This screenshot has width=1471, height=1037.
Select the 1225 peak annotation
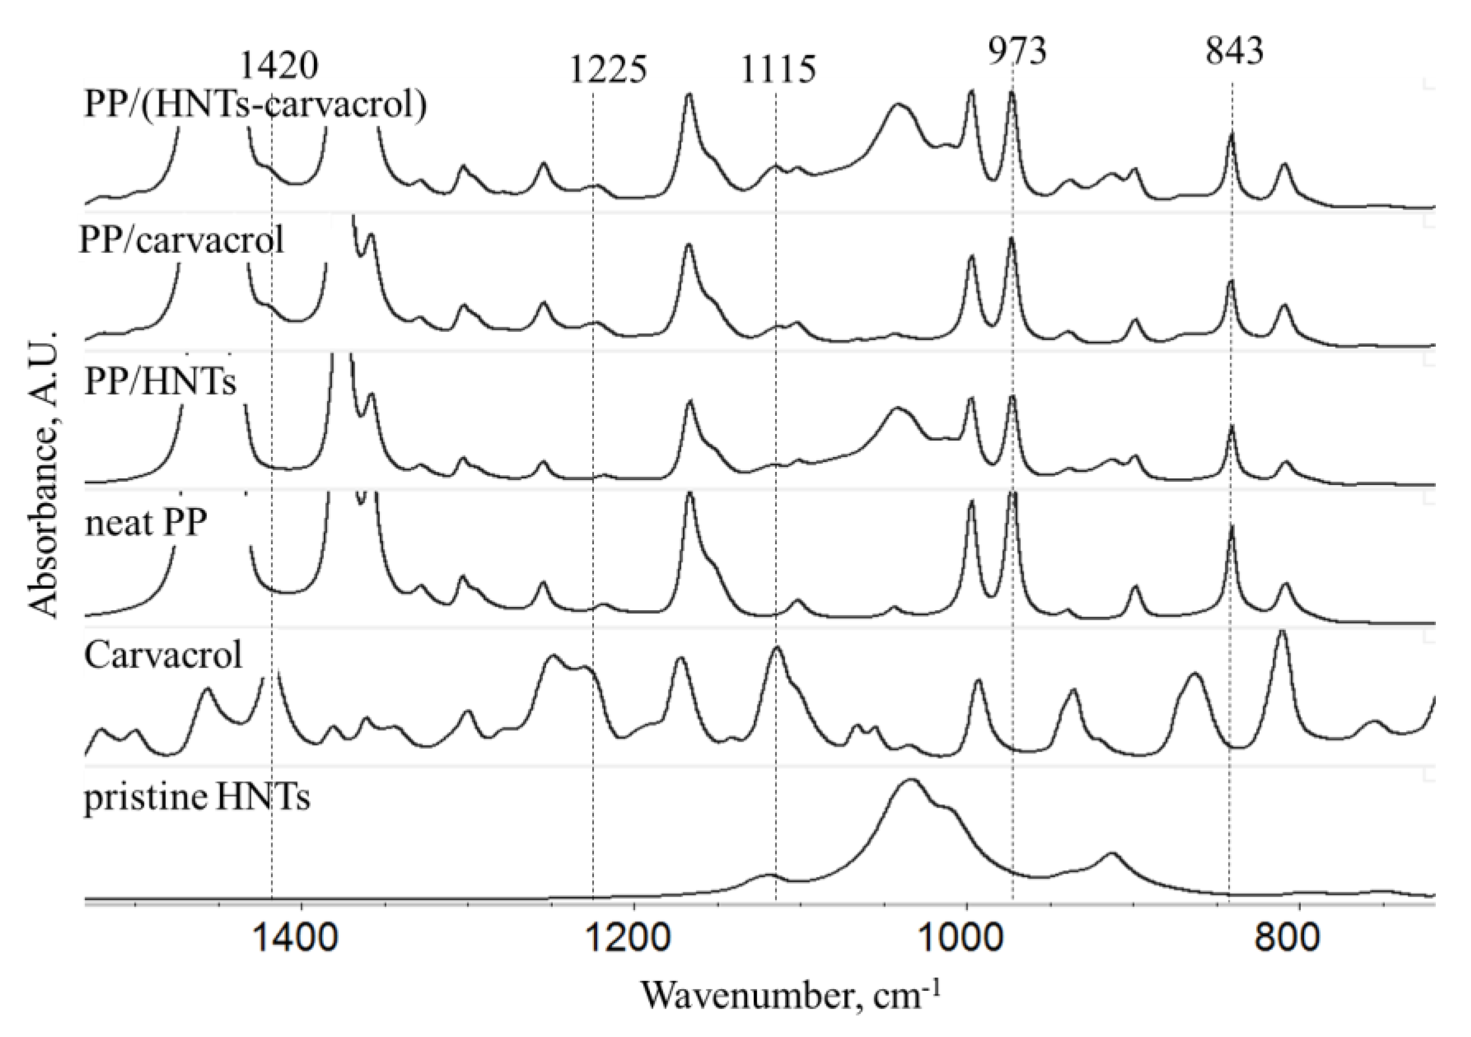(608, 70)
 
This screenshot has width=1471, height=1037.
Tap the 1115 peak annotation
(778, 70)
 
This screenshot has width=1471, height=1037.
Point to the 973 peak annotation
(1016, 50)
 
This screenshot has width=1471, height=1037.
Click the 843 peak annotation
(1234, 50)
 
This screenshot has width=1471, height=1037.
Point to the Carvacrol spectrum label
(164, 655)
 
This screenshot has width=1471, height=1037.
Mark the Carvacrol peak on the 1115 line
(777, 647)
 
